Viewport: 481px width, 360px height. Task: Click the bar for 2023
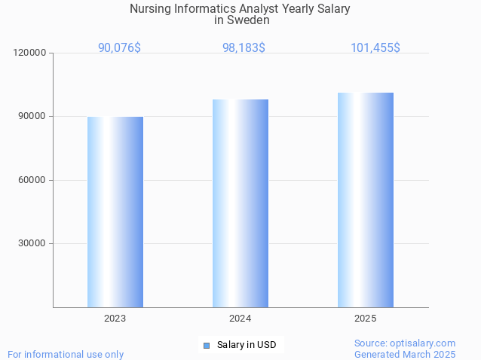point(115,212)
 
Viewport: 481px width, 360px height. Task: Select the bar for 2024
point(240,203)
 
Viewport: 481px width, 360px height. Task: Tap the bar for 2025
point(366,200)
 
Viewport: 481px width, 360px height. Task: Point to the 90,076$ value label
point(119,47)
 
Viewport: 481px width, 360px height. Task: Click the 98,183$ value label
point(244,47)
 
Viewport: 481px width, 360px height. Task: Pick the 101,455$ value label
point(375,47)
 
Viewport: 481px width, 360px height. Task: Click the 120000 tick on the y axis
point(31,53)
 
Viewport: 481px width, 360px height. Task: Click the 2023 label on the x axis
point(115,319)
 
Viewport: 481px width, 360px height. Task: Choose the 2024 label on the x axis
point(240,319)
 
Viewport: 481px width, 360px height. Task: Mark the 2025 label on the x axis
point(366,319)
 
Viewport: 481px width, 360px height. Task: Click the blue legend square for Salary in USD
point(206,346)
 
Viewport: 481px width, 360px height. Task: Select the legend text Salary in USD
point(247,346)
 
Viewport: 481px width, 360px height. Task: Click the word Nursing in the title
point(150,9)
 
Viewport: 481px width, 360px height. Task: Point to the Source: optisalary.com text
point(405,343)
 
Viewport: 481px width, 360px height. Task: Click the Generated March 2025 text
point(405,354)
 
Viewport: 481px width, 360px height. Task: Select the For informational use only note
point(66,354)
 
